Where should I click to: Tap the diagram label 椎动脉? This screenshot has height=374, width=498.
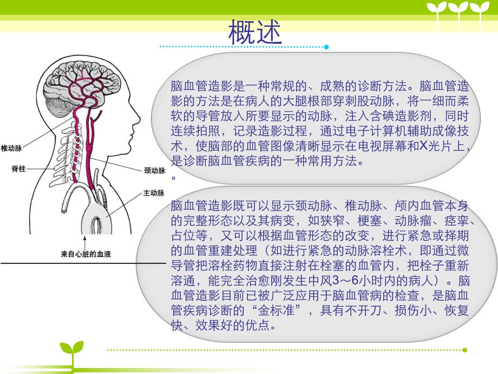(x=11, y=147)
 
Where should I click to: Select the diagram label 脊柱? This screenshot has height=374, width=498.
(x=18, y=169)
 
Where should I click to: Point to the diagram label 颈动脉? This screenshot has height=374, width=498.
(x=154, y=170)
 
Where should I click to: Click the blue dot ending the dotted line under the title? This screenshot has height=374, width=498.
(x=326, y=47)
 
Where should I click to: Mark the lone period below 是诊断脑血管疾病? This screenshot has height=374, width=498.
(x=174, y=177)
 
